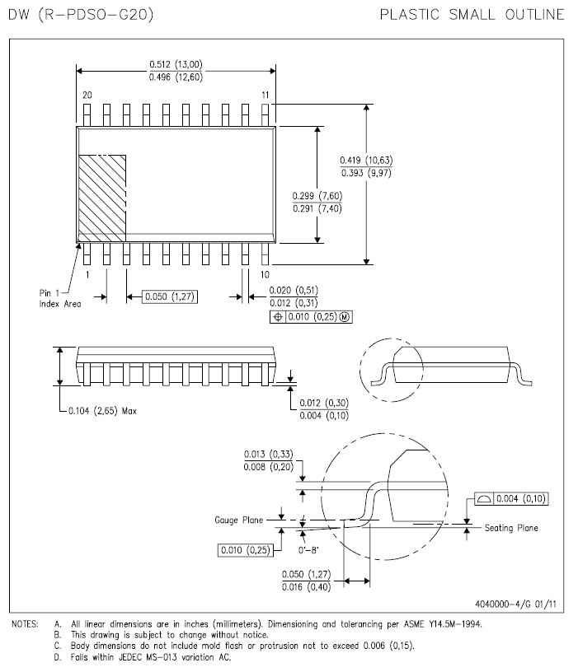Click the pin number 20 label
(87, 96)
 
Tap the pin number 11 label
(266, 96)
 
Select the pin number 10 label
(265, 274)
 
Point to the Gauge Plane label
(238, 520)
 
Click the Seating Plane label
(511, 528)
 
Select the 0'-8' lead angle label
(308, 550)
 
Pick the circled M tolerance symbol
(345, 317)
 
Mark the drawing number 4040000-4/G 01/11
(516, 604)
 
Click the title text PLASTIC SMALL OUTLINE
(472, 15)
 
